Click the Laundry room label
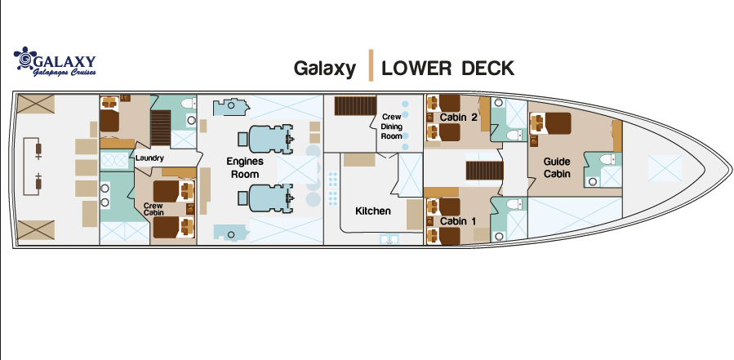[x=149, y=158]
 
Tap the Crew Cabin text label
[x=153, y=209]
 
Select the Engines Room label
[x=245, y=167]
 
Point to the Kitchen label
[x=373, y=211]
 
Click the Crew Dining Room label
[x=391, y=127]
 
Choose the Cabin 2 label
[x=458, y=117]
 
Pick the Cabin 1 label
[x=458, y=221]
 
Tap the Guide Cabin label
[x=557, y=167]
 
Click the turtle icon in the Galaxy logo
[x=25, y=58]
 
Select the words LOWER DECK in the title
[x=447, y=69]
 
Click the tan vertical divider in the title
[x=371, y=65]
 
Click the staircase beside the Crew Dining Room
[x=355, y=106]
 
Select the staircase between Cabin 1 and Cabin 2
[x=484, y=171]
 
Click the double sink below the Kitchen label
[x=389, y=239]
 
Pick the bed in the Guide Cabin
[x=550, y=123]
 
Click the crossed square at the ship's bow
[x=665, y=168]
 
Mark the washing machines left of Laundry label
[x=114, y=161]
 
